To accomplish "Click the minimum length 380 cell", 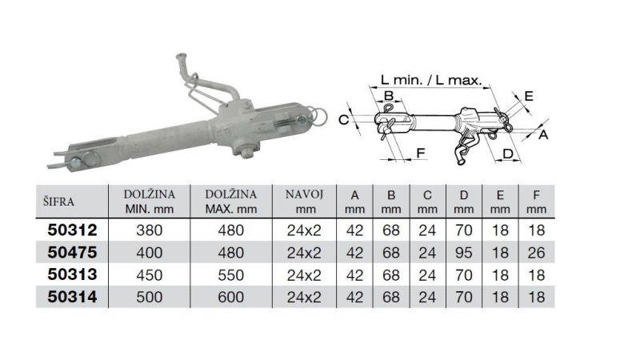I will [x=149, y=231].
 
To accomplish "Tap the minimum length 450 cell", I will [x=149, y=276].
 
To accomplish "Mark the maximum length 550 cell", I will [x=230, y=276].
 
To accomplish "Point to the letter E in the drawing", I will [x=528, y=96].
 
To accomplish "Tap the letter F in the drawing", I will [x=421, y=151].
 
